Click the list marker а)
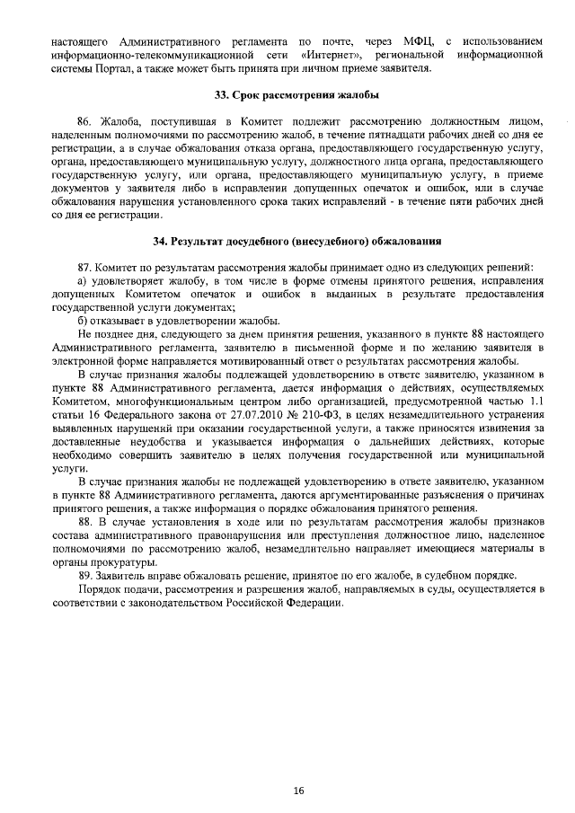tap(84, 281)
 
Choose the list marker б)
tap(84, 322)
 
